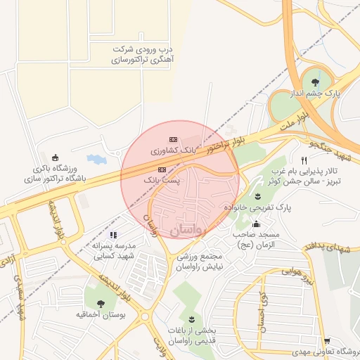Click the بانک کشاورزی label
point(172,150)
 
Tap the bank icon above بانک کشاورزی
point(173,139)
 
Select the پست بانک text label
point(162,181)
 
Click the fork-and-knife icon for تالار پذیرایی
point(304,160)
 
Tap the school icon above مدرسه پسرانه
point(113,235)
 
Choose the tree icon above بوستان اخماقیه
point(101,304)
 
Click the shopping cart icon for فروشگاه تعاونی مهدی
point(326,340)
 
